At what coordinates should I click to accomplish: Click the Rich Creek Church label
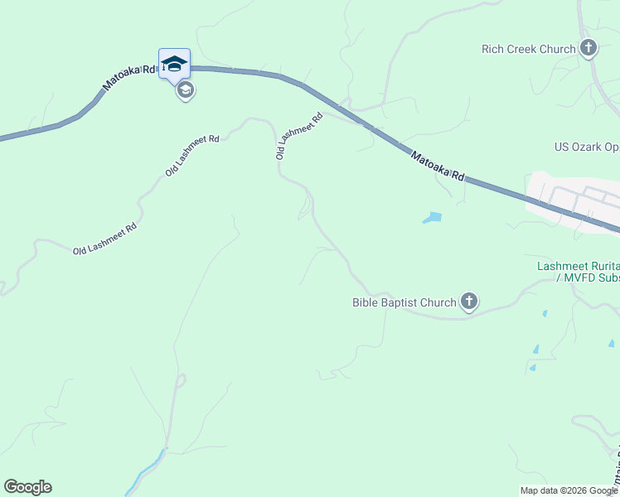528,49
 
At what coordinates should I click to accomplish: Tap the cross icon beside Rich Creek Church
589,48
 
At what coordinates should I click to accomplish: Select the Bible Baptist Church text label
404,302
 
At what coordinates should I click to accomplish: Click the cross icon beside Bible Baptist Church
469,302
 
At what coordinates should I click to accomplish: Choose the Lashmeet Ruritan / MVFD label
578,273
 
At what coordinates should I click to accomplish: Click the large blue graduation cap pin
174,64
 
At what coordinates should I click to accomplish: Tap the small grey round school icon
186,90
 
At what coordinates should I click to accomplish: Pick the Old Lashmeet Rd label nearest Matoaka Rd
298,136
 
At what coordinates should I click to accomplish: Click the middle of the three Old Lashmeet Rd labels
191,155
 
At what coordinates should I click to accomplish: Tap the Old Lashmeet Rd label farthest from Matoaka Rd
104,239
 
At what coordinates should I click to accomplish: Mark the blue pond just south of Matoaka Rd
432,218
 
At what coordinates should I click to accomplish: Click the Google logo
27,487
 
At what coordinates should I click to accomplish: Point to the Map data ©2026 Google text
569,490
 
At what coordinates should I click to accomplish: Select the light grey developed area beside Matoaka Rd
572,199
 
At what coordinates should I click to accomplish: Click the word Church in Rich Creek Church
556,49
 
